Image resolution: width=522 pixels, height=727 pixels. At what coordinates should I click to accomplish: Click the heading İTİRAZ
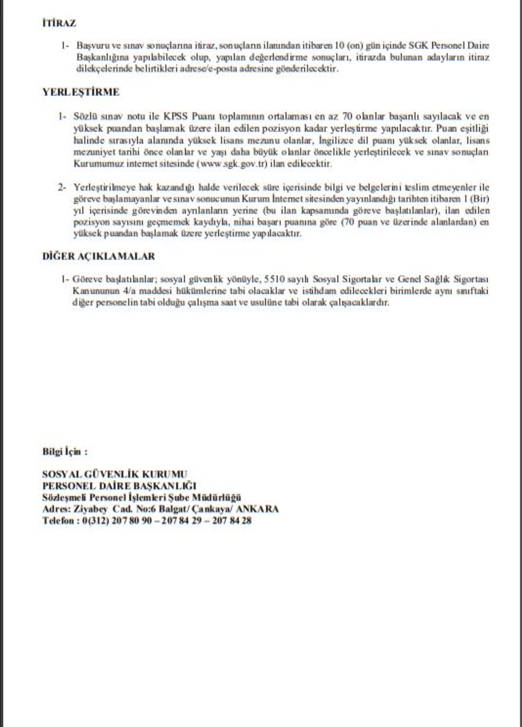(x=59, y=23)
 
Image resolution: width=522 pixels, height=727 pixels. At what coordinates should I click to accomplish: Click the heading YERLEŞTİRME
(x=81, y=92)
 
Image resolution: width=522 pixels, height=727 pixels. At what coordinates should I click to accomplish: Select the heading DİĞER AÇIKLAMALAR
(x=99, y=256)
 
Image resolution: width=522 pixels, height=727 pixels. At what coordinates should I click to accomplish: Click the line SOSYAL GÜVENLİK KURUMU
(x=115, y=474)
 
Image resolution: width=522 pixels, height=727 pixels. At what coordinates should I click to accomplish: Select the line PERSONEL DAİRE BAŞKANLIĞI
(x=119, y=486)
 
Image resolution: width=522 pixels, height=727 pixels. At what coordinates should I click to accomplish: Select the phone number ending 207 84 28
(x=232, y=521)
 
